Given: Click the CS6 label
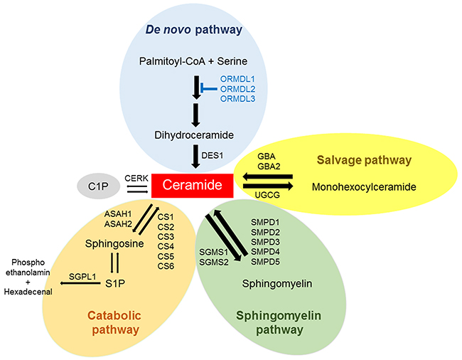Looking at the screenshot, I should click(166, 265).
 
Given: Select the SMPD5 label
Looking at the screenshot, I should click(265, 261).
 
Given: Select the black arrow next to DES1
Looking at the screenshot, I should click(195, 154).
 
